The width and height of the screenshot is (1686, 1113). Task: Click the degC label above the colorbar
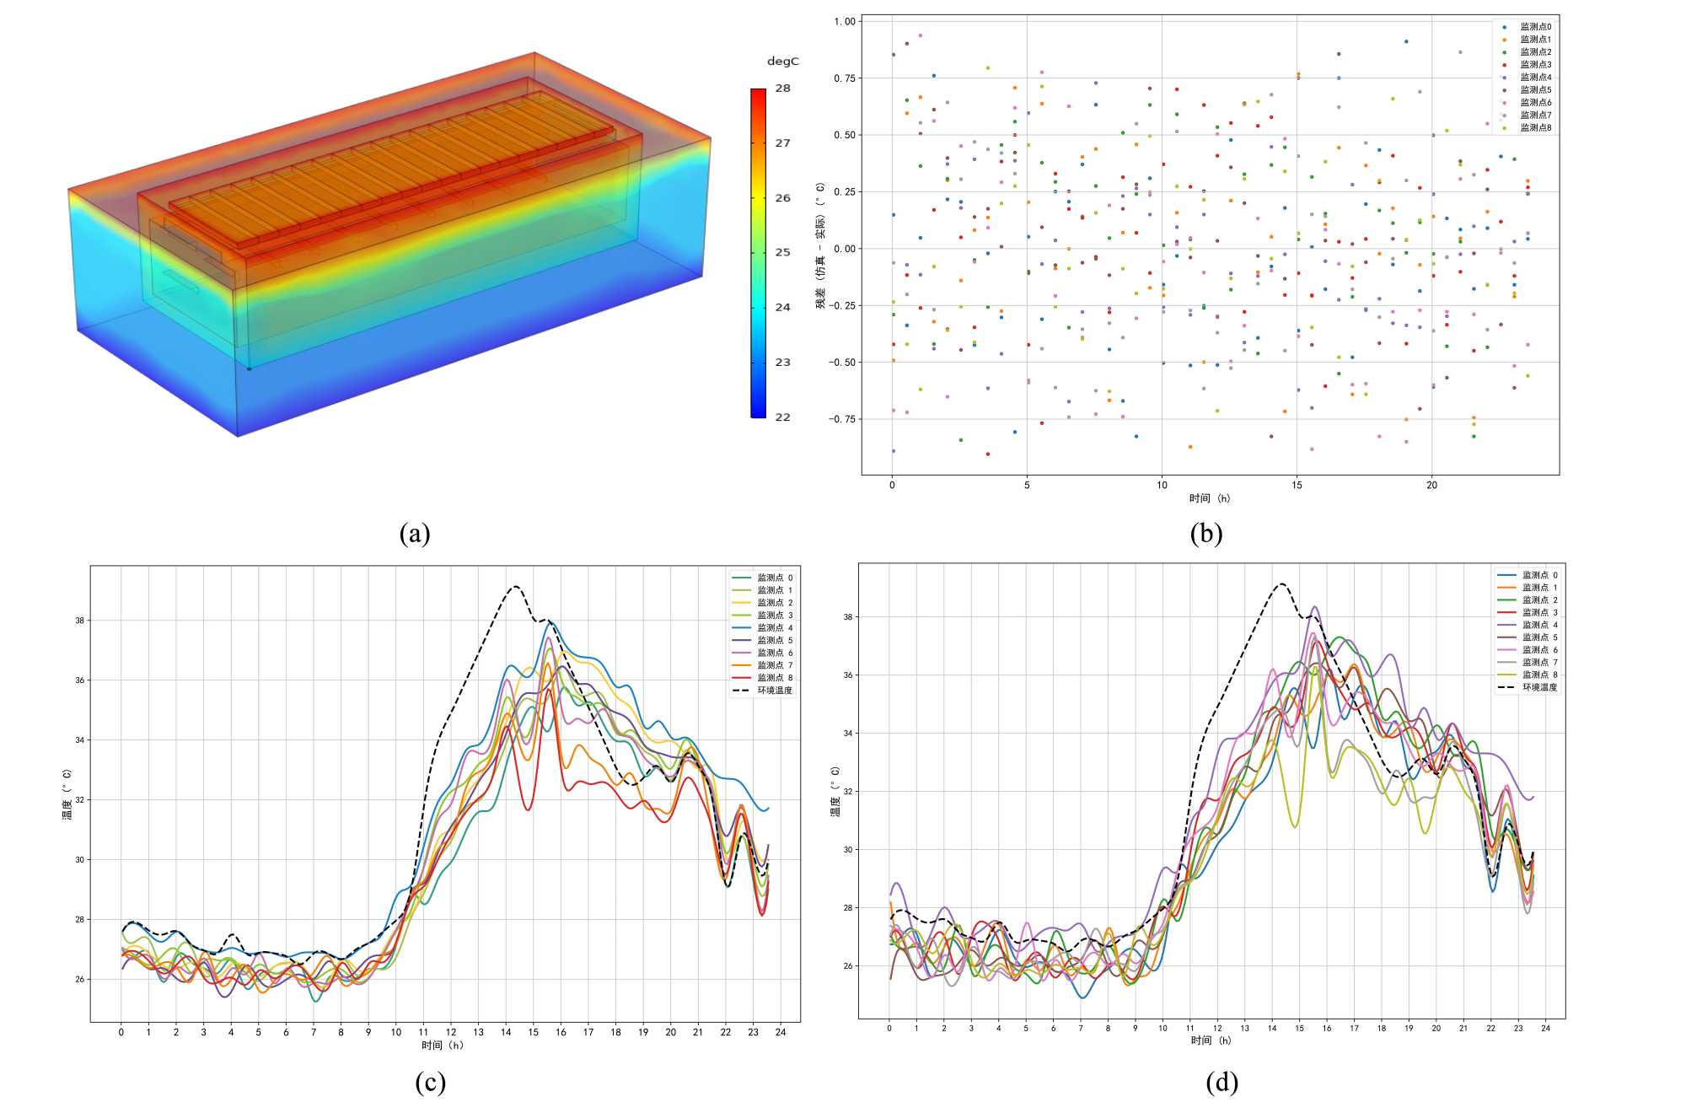click(782, 62)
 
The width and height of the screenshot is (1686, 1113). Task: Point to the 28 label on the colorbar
click(783, 88)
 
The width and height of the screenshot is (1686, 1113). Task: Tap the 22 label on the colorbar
click(783, 417)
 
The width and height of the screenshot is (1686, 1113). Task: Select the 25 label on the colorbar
click(783, 252)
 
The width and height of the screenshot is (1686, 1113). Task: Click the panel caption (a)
click(415, 533)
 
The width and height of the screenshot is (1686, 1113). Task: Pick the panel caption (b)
click(1205, 533)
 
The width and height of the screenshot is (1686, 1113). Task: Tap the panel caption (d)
click(1222, 1082)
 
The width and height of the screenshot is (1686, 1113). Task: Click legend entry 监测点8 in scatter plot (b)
click(1535, 128)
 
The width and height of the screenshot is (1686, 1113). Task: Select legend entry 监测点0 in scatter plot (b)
click(1535, 27)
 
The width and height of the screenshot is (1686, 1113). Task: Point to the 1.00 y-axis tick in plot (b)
click(845, 22)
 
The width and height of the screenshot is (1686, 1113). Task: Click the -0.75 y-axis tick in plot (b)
click(843, 419)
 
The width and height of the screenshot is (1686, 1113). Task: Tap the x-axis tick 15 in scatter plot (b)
click(1297, 485)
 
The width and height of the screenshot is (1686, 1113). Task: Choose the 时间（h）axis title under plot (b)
click(1210, 498)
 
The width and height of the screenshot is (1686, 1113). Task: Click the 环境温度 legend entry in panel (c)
click(774, 691)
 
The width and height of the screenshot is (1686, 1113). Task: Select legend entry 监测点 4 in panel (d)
click(1539, 625)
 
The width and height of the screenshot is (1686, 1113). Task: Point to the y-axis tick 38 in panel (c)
click(79, 621)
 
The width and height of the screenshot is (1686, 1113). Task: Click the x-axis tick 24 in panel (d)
click(1545, 1028)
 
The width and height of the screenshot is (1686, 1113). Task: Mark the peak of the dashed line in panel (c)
click(515, 586)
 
